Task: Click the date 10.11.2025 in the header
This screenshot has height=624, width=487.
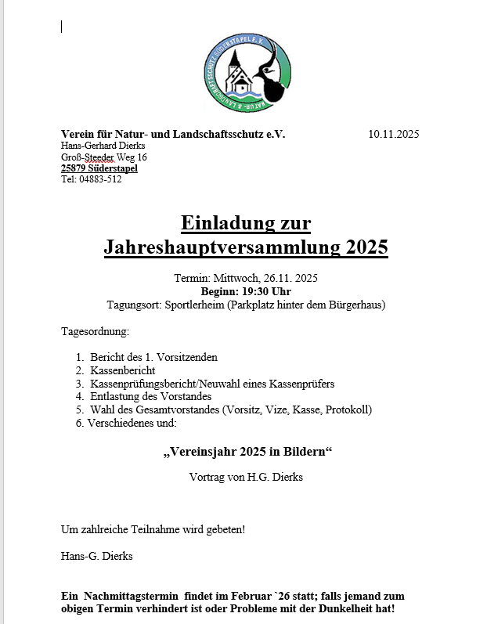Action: click(x=394, y=134)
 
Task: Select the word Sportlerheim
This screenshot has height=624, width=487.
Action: click(x=196, y=305)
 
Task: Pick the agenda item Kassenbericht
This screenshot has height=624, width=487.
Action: click(x=123, y=370)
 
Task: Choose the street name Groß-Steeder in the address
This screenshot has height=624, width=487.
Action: click(x=86, y=157)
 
